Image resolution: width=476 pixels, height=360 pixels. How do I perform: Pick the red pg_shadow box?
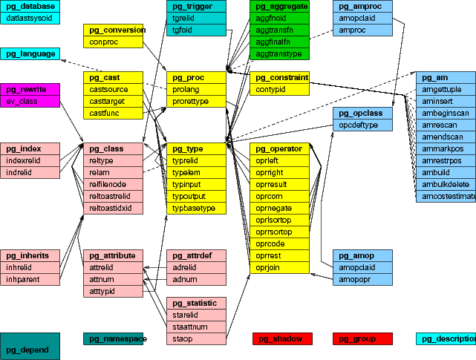click(x=282, y=339)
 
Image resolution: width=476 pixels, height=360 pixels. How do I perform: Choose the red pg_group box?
click(x=362, y=339)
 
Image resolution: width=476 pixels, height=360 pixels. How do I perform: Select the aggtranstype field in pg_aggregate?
click(x=278, y=53)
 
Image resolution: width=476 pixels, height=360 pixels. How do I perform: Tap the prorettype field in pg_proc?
click(x=195, y=101)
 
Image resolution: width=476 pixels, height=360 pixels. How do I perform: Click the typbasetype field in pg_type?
click(x=195, y=208)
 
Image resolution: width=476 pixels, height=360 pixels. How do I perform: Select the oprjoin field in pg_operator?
click(x=278, y=267)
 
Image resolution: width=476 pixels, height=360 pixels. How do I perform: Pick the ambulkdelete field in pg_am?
click(x=446, y=184)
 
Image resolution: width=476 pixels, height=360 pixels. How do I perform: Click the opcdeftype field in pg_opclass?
click(x=362, y=125)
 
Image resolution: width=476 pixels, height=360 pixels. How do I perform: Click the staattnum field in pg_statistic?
click(x=195, y=327)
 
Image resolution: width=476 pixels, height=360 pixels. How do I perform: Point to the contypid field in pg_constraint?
click(x=278, y=89)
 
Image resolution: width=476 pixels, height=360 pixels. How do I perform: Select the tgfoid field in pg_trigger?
click(x=195, y=30)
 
